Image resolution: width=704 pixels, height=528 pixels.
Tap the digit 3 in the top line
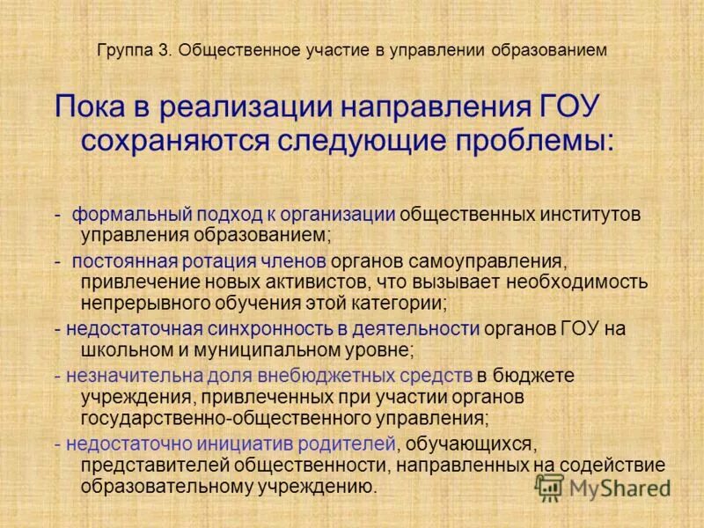(164, 51)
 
